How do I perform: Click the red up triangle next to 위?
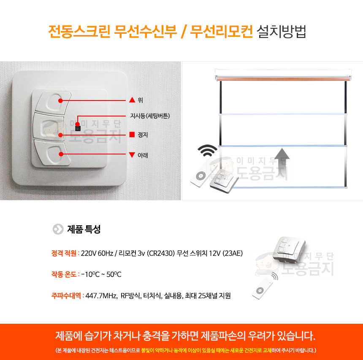point(132,100)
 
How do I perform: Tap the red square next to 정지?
point(132,135)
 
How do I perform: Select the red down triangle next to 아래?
point(132,155)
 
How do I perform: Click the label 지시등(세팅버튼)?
point(150,116)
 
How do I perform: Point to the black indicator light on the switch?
point(78,128)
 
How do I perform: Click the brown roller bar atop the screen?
point(283,79)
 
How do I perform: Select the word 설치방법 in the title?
point(282,32)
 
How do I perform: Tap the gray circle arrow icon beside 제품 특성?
point(58,229)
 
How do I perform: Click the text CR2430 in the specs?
point(161,253)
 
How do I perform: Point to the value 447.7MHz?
point(101,296)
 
